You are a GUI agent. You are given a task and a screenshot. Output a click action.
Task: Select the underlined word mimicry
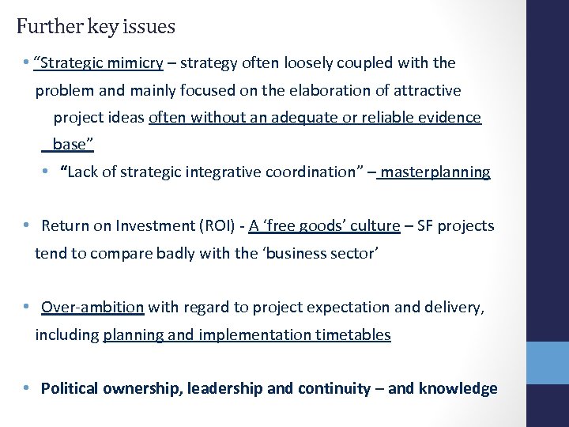click(x=135, y=62)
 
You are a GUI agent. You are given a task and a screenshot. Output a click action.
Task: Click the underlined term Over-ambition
click(x=92, y=307)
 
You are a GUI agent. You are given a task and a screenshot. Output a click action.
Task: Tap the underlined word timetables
click(x=353, y=334)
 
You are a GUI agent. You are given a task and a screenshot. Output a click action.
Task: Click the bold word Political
click(x=70, y=388)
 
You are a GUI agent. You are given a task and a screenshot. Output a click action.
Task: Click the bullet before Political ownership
click(x=27, y=388)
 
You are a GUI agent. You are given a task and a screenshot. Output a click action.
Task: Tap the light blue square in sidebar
click(x=548, y=363)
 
